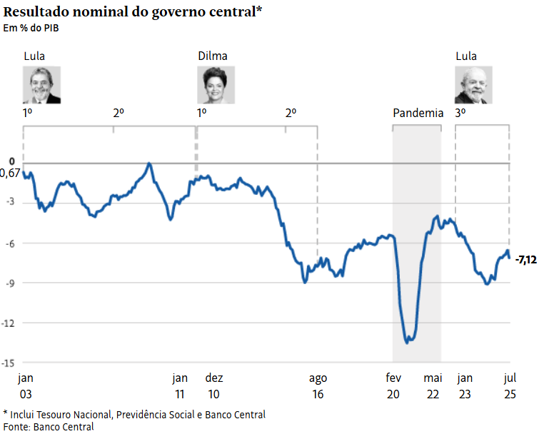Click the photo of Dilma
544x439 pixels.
(x=216, y=85)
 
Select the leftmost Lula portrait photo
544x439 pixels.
(x=41, y=85)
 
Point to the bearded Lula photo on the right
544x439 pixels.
(x=473, y=85)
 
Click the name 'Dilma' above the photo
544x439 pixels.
(x=212, y=56)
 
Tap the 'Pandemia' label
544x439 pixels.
(x=418, y=113)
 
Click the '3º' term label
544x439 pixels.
(x=460, y=113)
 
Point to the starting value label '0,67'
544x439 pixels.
(x=10, y=173)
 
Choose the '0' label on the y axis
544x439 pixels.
(x=11, y=161)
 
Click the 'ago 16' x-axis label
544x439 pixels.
(x=318, y=385)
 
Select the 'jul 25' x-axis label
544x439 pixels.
(x=510, y=385)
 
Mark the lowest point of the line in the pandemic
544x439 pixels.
(x=407, y=343)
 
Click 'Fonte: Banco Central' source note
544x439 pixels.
(x=49, y=427)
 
